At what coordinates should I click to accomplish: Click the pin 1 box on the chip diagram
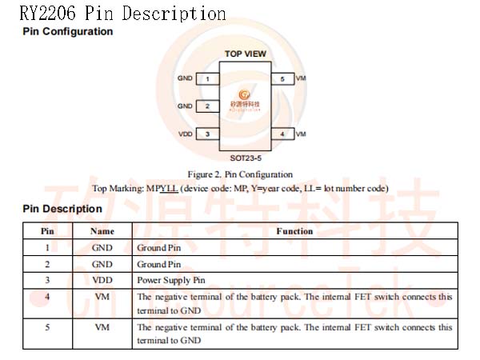tap(207, 78)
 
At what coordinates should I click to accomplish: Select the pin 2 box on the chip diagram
tap(207, 106)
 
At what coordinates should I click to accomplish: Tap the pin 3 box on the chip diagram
tap(207, 134)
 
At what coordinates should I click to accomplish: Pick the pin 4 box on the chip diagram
tap(283, 134)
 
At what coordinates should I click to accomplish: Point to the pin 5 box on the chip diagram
tap(283, 78)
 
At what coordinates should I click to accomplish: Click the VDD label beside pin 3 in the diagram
tap(186, 134)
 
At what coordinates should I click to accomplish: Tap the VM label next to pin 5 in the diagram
tap(301, 78)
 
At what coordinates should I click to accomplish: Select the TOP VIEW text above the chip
tap(246, 54)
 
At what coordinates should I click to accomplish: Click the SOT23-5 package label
tap(246, 158)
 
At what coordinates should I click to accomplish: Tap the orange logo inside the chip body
tap(244, 94)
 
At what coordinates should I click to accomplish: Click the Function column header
tap(294, 231)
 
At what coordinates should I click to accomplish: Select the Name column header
tap(102, 231)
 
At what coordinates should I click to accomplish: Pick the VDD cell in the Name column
tap(102, 280)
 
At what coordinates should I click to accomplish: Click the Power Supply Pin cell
tap(171, 281)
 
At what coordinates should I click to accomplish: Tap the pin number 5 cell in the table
tap(47, 327)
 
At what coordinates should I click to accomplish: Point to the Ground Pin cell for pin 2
tap(159, 264)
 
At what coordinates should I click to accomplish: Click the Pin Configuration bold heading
tap(68, 31)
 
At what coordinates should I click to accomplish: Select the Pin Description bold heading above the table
tap(62, 209)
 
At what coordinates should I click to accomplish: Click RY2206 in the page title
tap(47, 13)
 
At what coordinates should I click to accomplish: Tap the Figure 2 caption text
tap(240, 174)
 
